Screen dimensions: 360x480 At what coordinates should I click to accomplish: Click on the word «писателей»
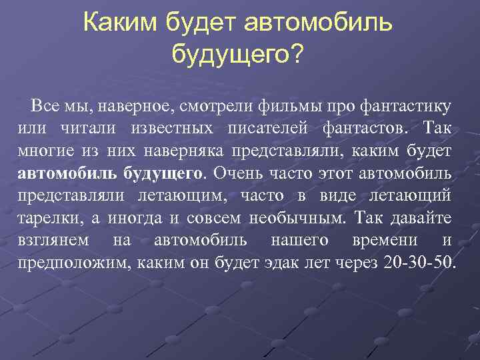coord(272,128)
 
